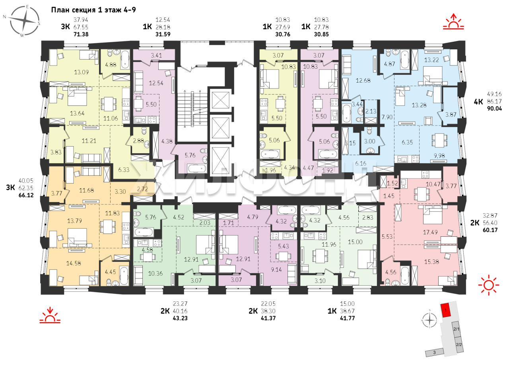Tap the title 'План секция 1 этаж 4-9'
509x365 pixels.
(93, 10)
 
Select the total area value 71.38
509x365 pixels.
(81, 35)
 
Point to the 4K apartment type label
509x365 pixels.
(478, 102)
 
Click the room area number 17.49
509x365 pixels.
(430, 232)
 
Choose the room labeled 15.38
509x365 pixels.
(431, 262)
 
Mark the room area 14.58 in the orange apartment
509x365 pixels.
(74, 263)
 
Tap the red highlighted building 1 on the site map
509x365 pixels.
(446, 310)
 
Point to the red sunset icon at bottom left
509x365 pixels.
(50, 315)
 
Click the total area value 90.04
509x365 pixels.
(494, 108)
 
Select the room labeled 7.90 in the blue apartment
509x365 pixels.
(387, 117)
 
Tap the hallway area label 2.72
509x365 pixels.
(142, 189)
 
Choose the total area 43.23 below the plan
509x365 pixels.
(180, 318)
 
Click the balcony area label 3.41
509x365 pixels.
(156, 55)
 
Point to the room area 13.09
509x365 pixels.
(82, 72)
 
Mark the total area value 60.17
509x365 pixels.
(490, 230)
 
